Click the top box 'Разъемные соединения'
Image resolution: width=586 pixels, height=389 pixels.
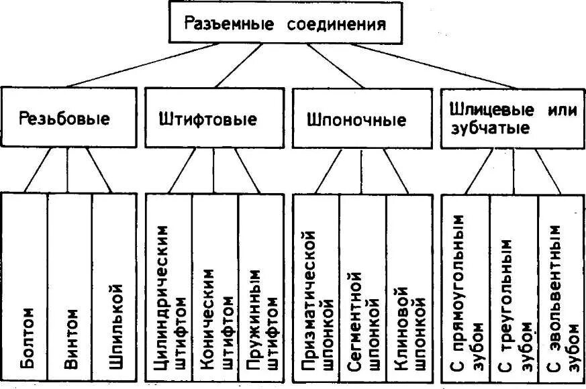pos(285,25)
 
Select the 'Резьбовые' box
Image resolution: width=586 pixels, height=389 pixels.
pos(65,120)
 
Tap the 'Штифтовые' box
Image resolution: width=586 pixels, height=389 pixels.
pos(207,120)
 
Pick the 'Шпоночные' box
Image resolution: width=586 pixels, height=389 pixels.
pos(356,120)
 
